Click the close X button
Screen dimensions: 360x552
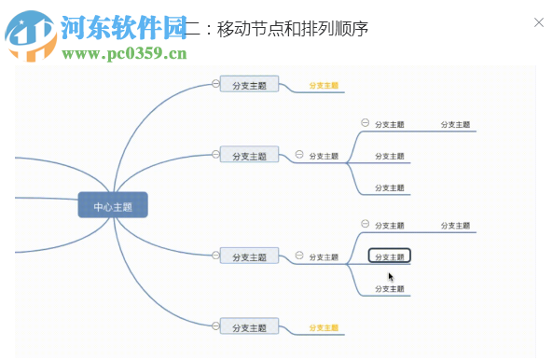[x=538, y=21]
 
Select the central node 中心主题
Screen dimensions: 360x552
[x=113, y=206]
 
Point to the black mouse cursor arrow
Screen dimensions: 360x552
[x=391, y=276]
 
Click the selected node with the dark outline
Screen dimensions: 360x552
[x=389, y=256]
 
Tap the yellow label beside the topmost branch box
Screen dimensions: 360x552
[x=323, y=86]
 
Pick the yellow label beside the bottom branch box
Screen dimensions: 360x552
[x=323, y=328]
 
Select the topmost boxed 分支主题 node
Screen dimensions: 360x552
[x=249, y=86]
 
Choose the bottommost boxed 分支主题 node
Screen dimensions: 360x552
[x=249, y=328]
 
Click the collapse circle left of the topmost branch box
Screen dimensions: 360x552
[x=215, y=84]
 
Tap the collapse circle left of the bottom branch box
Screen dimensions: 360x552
[x=215, y=326]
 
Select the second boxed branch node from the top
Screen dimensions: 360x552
[x=249, y=156]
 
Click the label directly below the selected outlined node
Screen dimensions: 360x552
[x=389, y=289]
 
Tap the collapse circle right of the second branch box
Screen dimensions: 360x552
[x=299, y=154]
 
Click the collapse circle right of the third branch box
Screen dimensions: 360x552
[x=299, y=255]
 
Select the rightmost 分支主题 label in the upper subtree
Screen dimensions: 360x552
[x=455, y=124]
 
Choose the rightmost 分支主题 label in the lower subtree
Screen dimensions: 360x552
[x=455, y=226]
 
